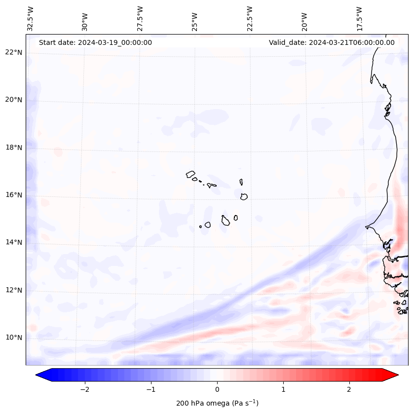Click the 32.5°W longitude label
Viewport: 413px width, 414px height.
(x=31, y=18)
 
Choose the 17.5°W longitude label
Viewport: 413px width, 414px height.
(x=359, y=18)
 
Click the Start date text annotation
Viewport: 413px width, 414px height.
(x=95, y=42)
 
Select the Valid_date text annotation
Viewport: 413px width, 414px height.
(x=332, y=42)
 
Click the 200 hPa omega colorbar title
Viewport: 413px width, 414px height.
(x=217, y=403)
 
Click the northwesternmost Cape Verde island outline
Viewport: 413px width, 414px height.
(x=190, y=174)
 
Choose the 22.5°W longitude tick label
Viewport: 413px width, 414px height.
(x=250, y=18)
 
